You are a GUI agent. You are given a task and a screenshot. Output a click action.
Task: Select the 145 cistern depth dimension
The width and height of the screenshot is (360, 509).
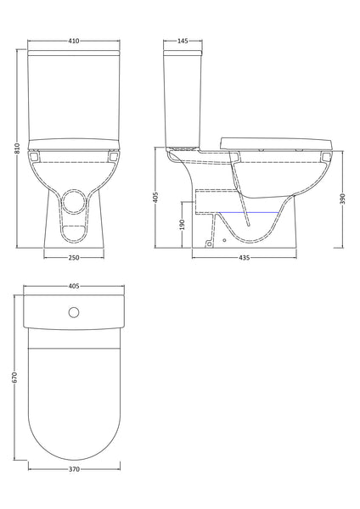point(183,40)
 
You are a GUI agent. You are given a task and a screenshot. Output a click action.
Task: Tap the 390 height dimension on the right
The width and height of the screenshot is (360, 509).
point(342,196)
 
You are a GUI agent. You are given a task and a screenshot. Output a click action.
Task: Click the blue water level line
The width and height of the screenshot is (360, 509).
point(246,210)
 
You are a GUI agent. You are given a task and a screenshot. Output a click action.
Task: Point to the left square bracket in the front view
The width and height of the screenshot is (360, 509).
point(34,155)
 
